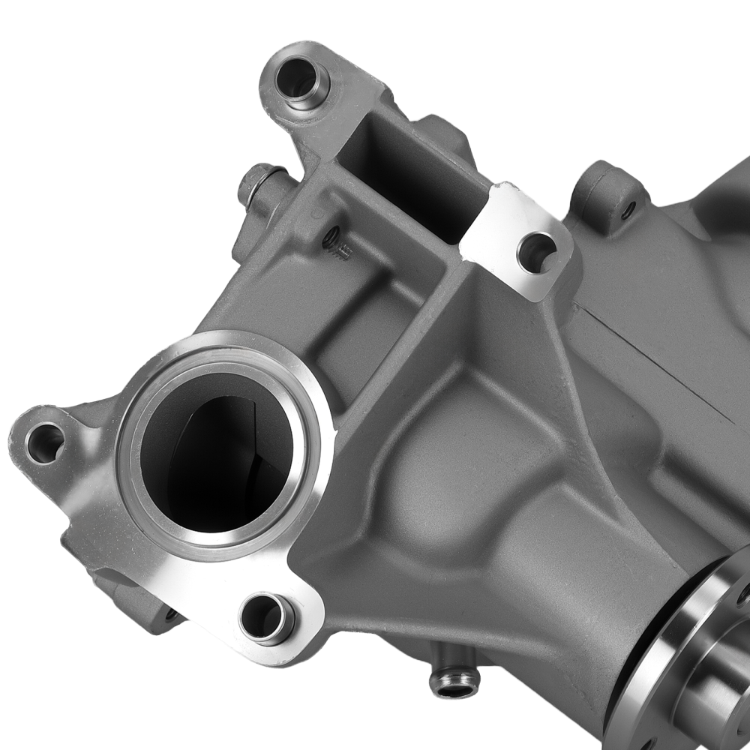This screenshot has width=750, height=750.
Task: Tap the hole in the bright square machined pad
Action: [x=536, y=252]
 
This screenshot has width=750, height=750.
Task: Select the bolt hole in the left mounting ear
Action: [x=44, y=442]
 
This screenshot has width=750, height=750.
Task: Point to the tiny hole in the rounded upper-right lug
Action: [x=628, y=208]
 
